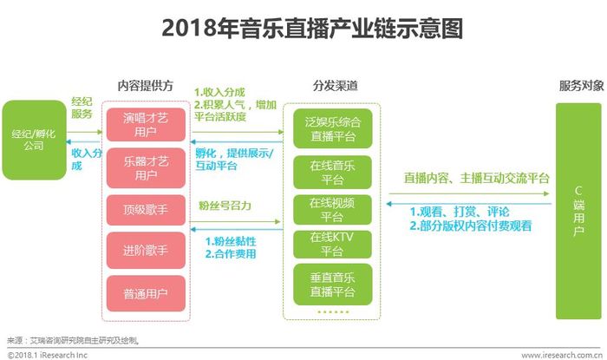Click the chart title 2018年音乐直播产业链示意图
(x=312, y=29)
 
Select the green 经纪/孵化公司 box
(x=35, y=140)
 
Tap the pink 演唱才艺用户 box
(x=146, y=125)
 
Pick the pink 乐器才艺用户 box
(x=146, y=168)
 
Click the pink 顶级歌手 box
(x=146, y=210)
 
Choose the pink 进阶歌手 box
(x=146, y=251)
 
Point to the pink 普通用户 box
(x=146, y=293)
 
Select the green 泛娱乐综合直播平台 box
(x=332, y=128)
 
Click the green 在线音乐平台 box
(x=332, y=173)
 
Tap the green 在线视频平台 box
(x=332, y=210)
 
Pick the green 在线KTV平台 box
(x=332, y=245)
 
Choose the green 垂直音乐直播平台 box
(x=332, y=285)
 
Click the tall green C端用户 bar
(x=578, y=211)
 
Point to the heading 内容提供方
(x=146, y=86)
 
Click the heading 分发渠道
(x=336, y=86)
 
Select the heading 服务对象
(x=582, y=86)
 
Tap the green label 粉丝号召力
(x=225, y=206)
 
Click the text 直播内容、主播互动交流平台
(x=477, y=178)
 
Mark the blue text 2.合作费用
(x=231, y=254)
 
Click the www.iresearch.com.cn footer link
(x=562, y=355)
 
